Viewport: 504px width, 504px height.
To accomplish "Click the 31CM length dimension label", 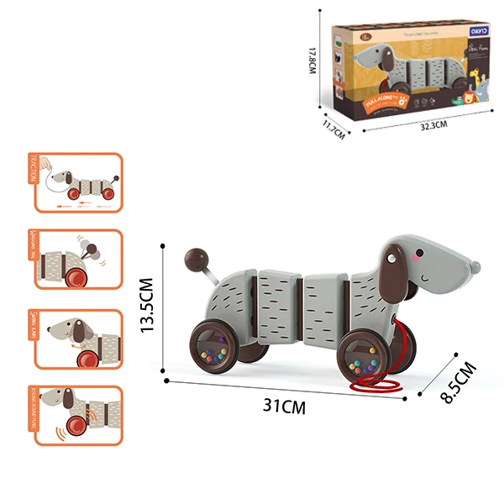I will (x=282, y=407).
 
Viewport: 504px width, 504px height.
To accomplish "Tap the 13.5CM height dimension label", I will (x=150, y=307).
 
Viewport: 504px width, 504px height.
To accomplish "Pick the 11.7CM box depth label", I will (x=333, y=130).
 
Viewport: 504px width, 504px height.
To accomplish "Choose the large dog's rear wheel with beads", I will (x=211, y=345).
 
